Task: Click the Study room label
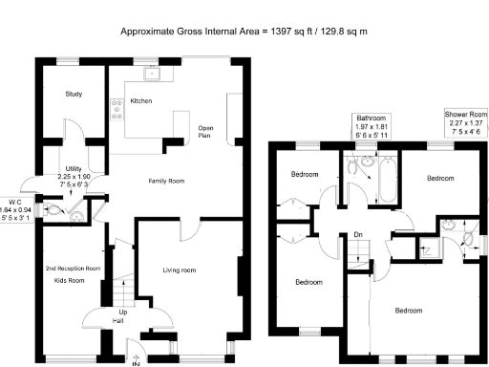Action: [x=74, y=95]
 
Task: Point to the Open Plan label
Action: [x=204, y=132]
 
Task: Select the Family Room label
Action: [x=165, y=181]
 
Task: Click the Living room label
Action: [x=179, y=270]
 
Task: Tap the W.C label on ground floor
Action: [x=15, y=202]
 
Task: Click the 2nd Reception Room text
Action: [x=73, y=269]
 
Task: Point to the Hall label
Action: [x=119, y=322]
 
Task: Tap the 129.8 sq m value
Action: [x=341, y=32]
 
